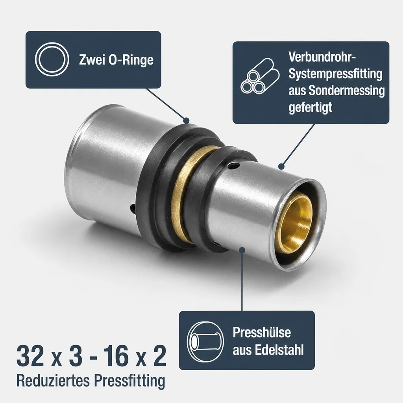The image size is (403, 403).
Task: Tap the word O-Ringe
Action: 131,60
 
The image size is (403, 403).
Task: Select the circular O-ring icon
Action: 52,59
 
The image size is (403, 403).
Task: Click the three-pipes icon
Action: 260,76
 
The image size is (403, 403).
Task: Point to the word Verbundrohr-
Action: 322,57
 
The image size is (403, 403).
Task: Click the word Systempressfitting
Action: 335,74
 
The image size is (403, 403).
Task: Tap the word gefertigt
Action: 310,108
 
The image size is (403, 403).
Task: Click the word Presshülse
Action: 262,332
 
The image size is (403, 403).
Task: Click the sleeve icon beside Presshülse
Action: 205,341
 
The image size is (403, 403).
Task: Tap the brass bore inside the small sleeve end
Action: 296,223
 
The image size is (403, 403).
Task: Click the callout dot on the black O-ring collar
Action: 186,120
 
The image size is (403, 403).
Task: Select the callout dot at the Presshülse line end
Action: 242,250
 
